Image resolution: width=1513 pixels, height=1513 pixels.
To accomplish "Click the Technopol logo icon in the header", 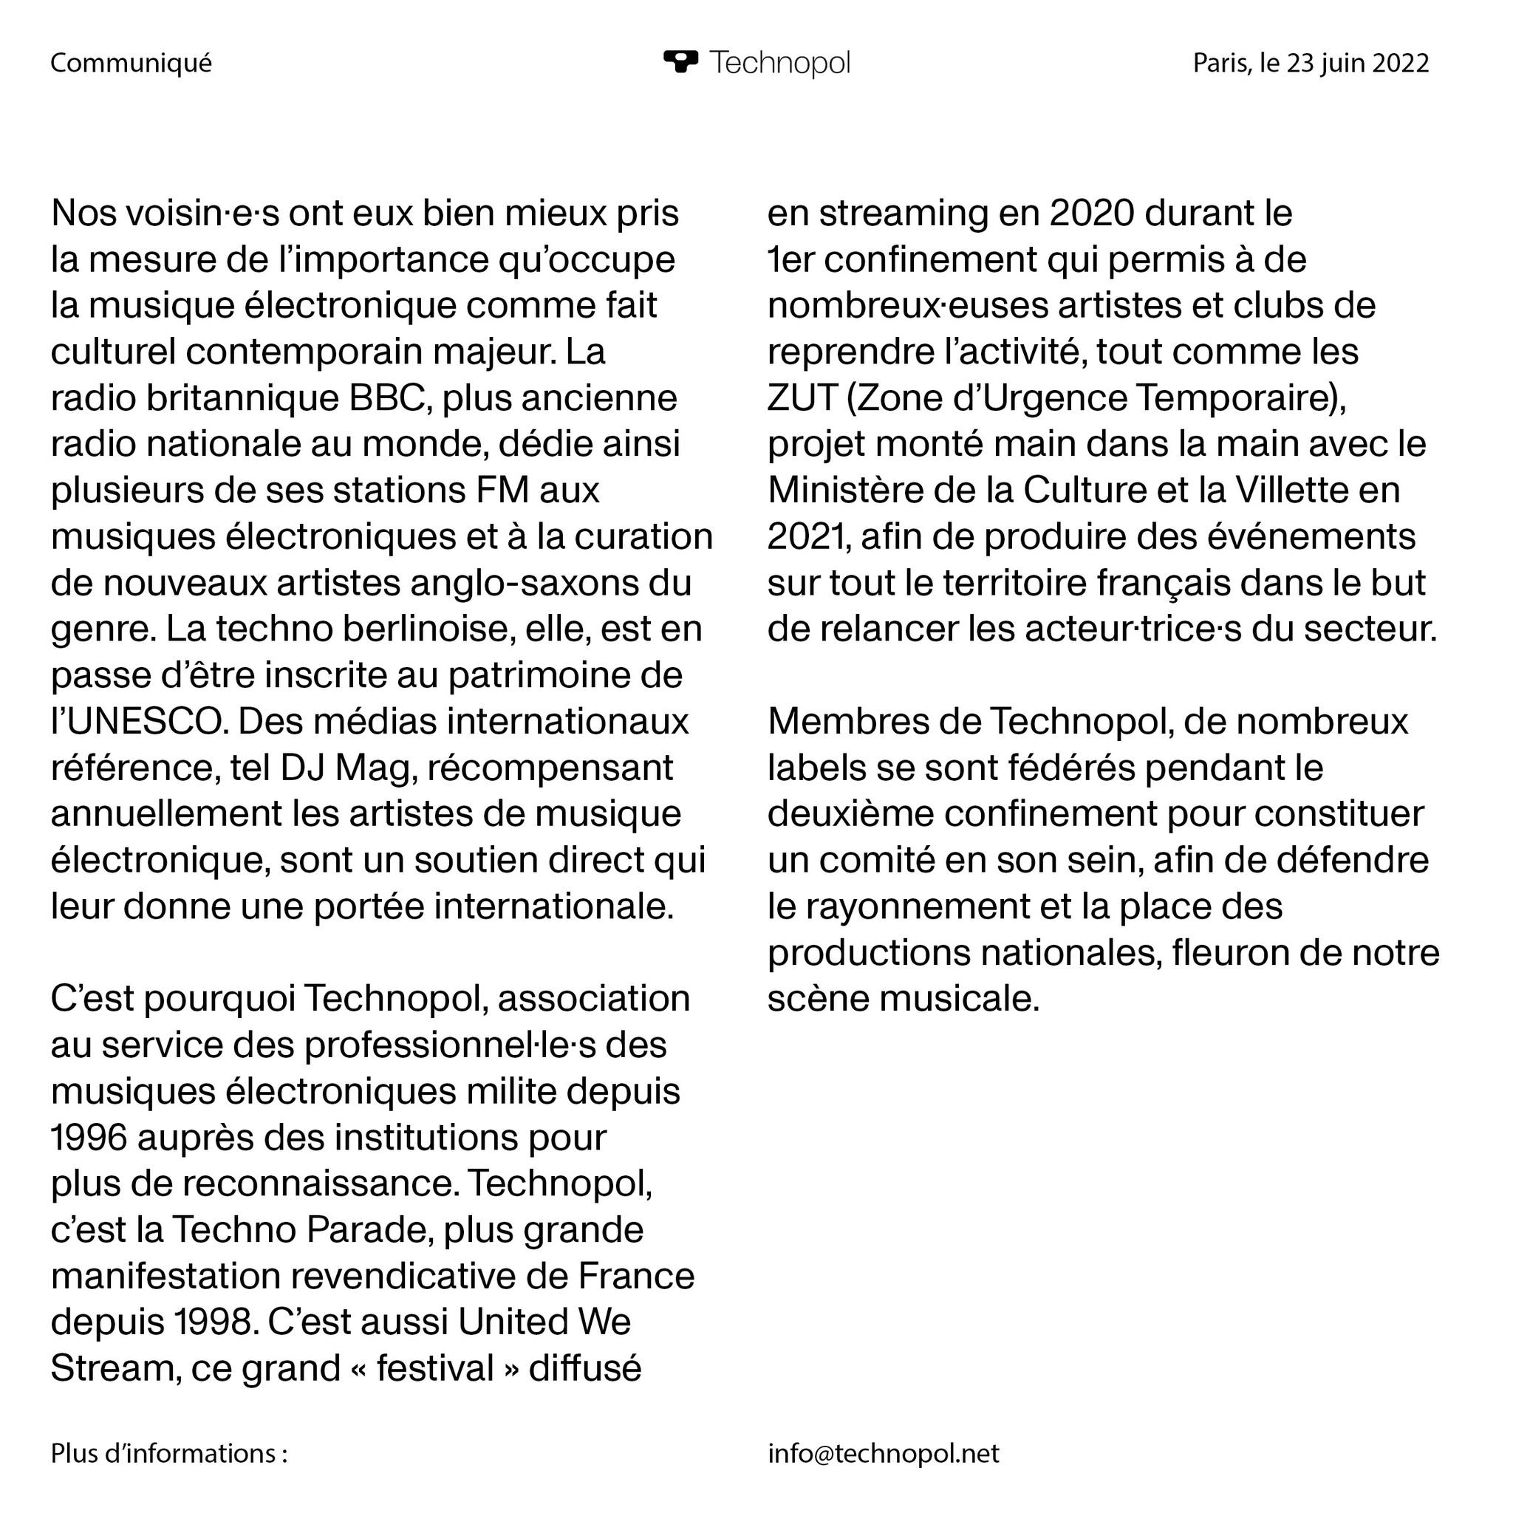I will tap(680, 62).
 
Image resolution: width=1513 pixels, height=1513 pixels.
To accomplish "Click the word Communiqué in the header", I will tap(131, 63).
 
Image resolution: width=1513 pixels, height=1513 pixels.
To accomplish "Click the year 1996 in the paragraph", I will tap(89, 1137).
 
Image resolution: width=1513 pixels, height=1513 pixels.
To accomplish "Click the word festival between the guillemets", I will tap(434, 1368).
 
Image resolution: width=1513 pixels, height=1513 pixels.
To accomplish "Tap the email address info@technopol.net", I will tap(884, 1453).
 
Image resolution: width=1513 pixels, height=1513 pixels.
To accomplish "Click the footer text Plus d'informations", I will tap(168, 1453).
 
